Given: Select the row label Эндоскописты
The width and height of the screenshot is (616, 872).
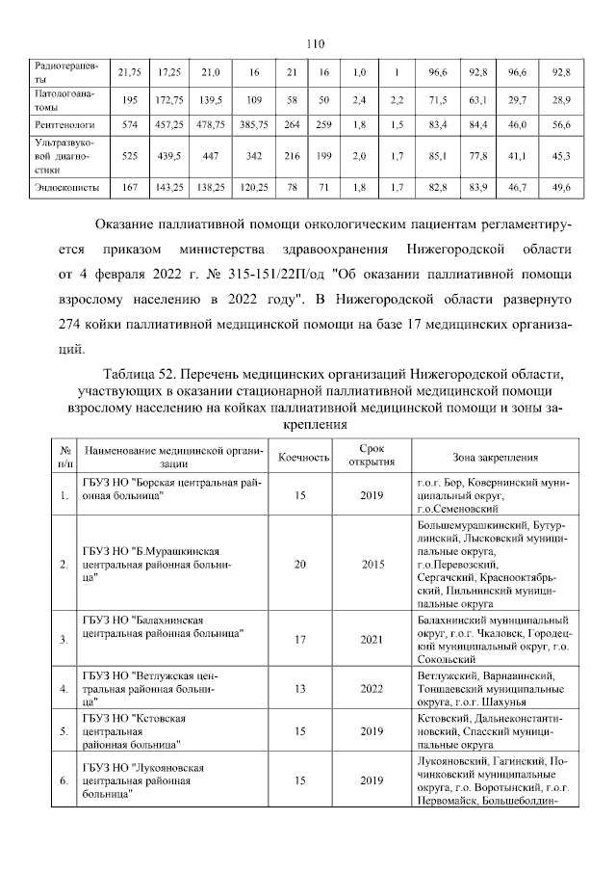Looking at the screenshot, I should click(x=62, y=187).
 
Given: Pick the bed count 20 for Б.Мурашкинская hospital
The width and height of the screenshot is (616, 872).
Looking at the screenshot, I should click(x=304, y=564).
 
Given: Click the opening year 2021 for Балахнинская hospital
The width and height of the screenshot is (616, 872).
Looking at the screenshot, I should click(x=372, y=639).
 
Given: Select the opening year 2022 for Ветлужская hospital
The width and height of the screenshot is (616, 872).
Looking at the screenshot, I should click(x=372, y=689).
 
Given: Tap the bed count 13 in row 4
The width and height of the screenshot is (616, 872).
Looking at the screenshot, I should click(x=304, y=689).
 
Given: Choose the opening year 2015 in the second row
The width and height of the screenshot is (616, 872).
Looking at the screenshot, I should click(x=372, y=564).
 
